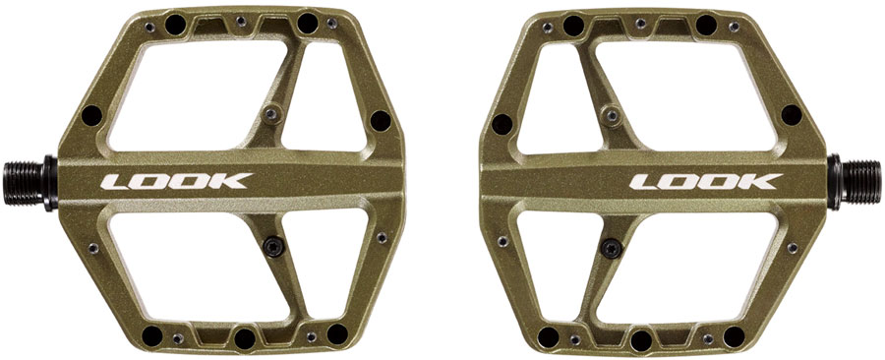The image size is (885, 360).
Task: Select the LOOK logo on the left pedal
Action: [178, 182]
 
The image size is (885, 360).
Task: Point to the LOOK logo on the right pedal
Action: [706, 182]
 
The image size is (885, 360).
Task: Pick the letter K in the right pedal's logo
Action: [762, 182]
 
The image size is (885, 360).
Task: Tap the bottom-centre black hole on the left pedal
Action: [242, 338]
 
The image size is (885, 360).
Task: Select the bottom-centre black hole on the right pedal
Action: [641, 340]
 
